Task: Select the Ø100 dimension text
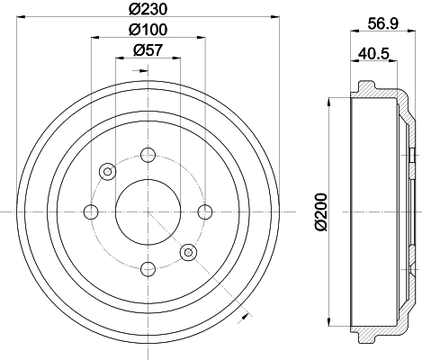click(148, 30)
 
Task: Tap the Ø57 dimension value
click(148, 50)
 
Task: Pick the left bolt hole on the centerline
click(91, 211)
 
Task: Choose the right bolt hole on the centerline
click(205, 211)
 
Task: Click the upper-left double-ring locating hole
click(108, 171)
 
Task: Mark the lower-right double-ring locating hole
click(188, 252)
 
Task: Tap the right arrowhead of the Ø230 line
click(276, 18)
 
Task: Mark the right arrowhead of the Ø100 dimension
click(202, 39)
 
